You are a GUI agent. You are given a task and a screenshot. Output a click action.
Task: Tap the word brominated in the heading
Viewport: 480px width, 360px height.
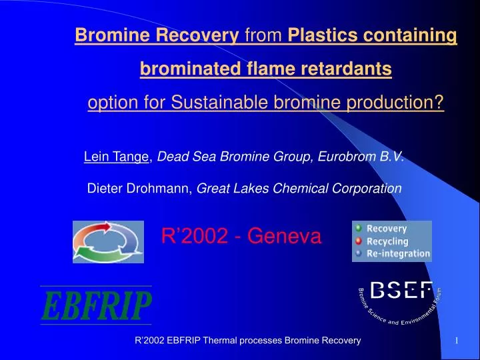pyautogui.click(x=187, y=69)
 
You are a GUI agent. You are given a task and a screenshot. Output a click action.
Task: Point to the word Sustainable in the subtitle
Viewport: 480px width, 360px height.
pyautogui.click(x=213, y=103)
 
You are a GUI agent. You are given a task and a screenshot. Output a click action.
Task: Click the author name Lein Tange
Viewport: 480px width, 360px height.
pyautogui.click(x=117, y=157)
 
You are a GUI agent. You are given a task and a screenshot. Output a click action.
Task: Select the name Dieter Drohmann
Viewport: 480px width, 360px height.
pyautogui.click(x=139, y=189)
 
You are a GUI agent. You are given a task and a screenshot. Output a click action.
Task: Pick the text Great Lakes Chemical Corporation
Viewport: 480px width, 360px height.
pyautogui.click(x=299, y=189)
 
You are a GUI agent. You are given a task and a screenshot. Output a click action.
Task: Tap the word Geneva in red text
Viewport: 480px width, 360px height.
pyautogui.click(x=284, y=235)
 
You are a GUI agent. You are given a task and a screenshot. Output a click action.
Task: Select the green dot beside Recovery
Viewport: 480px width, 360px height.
pyautogui.click(x=359, y=228)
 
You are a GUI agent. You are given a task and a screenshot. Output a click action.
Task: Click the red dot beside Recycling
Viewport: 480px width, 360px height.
pyautogui.click(x=359, y=241)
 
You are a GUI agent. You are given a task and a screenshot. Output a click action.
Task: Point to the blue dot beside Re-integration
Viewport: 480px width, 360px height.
pyautogui.click(x=359, y=253)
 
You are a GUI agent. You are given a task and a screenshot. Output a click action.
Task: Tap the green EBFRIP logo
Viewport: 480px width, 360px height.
pyautogui.click(x=97, y=306)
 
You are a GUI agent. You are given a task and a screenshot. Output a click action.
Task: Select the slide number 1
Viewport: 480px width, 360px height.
pyautogui.click(x=456, y=341)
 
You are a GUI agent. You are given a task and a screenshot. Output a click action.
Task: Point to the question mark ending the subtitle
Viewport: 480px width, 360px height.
pyautogui.click(x=439, y=103)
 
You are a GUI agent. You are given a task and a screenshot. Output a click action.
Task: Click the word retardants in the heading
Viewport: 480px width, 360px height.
pyautogui.click(x=351, y=69)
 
